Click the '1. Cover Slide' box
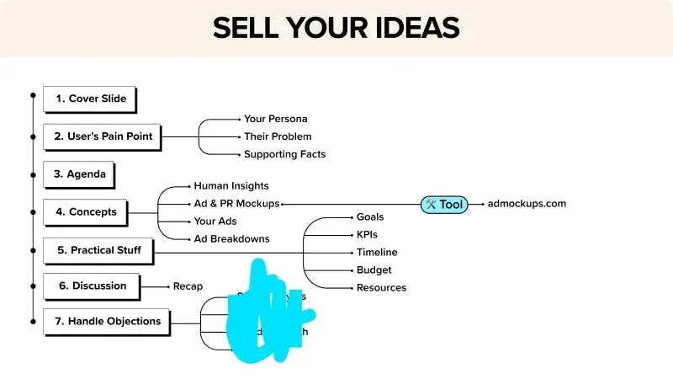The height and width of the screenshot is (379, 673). [90, 99]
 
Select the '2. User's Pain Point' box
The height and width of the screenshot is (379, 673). [102, 136]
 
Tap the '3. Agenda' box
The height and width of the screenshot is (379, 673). [80, 174]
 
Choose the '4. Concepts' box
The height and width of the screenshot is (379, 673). [86, 211]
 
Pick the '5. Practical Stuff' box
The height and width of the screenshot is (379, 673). [98, 250]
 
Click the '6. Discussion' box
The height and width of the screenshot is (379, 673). [93, 286]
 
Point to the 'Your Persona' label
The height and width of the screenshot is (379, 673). [275, 119]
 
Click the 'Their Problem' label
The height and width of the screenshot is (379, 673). [278, 136]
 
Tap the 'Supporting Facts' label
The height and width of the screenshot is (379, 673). [284, 154]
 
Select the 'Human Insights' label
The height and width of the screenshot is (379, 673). [231, 185]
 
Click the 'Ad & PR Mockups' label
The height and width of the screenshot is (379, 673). [236, 204]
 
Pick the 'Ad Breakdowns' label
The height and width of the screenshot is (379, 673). [231, 238]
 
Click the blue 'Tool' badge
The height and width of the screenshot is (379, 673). [444, 204]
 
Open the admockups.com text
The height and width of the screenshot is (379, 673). [527, 204]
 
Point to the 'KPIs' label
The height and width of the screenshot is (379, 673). [367, 234]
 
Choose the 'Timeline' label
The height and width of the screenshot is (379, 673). [377, 252]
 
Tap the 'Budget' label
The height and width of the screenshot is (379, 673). [374, 270]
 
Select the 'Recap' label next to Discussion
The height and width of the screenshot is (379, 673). [188, 286]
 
